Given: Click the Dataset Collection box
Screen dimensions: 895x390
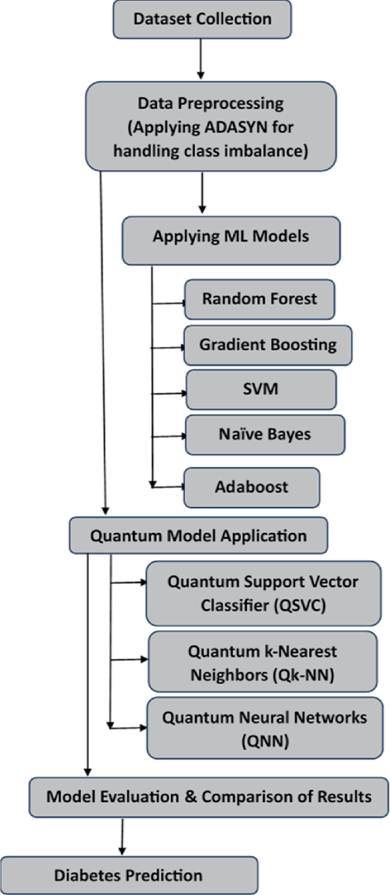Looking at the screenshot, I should pyautogui.click(x=202, y=19).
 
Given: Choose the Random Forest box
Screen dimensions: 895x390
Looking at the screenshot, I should pyautogui.click(x=259, y=299).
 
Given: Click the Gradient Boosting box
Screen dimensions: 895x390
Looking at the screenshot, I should pyautogui.click(x=268, y=345).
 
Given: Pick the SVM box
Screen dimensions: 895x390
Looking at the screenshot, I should pyautogui.click(x=261, y=389).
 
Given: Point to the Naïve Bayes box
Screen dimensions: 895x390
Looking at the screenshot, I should pyautogui.click(x=265, y=434).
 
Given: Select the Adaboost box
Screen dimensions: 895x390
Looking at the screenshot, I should pyautogui.click(x=251, y=487).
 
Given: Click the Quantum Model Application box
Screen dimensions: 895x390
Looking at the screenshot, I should pyautogui.click(x=198, y=536).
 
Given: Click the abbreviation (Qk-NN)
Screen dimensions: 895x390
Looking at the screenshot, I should pyautogui.click(x=306, y=675).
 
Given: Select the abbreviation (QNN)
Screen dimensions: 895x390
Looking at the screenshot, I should pyautogui.click(x=265, y=741).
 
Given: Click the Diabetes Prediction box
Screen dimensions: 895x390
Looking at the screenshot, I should pyautogui.click(x=129, y=875).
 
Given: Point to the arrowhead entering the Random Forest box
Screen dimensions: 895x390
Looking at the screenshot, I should pyautogui.click(x=182, y=303).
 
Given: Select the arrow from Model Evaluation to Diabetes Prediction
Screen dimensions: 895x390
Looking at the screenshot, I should pyautogui.click(x=122, y=836).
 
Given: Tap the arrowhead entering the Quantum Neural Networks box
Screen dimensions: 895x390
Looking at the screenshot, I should pyautogui.click(x=143, y=728).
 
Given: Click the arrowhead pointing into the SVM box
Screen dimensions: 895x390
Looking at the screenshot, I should pyautogui.click(x=183, y=393).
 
